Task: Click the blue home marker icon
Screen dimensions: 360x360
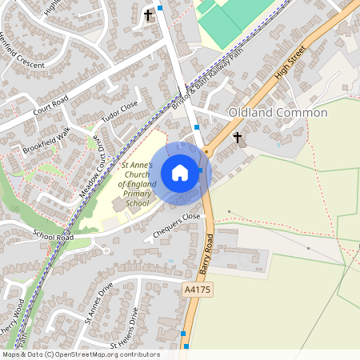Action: click(180, 173)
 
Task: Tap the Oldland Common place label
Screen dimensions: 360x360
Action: click(278, 113)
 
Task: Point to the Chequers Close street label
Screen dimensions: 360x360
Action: click(176, 226)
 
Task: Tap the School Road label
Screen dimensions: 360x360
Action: click(54, 237)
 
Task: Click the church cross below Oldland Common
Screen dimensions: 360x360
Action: click(237, 138)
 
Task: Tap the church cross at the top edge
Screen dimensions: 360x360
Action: click(147, 14)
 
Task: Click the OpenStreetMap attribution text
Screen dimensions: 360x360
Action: click(80, 354)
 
